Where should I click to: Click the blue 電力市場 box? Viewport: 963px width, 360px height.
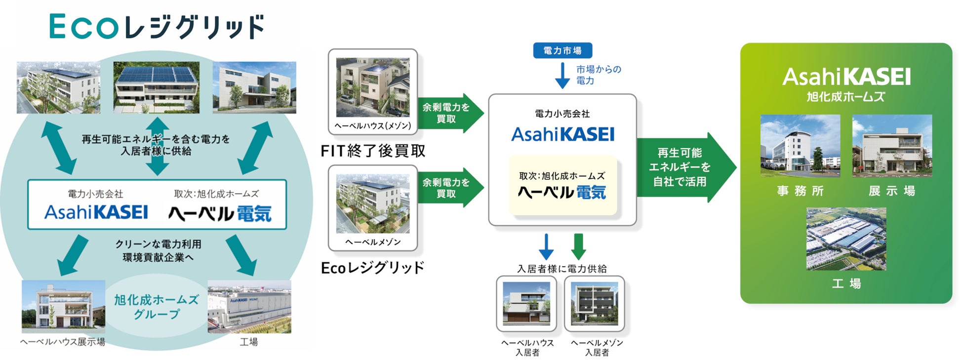click(562, 50)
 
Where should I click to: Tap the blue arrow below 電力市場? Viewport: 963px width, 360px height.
click(562, 76)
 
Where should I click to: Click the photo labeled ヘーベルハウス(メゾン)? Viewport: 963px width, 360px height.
click(372, 87)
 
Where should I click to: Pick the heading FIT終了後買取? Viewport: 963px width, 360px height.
click(373, 151)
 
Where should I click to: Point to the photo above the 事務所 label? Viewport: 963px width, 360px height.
click(800, 146)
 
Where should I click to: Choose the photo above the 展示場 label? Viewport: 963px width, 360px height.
click(892, 146)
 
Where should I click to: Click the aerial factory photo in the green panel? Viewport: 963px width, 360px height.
click(846, 239)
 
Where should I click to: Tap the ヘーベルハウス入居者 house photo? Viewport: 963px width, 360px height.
click(526, 303)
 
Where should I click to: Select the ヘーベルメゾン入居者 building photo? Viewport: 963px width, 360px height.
click(594, 303)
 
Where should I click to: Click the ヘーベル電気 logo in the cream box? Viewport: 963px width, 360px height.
click(562, 192)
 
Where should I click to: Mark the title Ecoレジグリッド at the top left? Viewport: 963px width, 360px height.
click(157, 27)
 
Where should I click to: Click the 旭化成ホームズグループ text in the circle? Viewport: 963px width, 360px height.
click(156, 307)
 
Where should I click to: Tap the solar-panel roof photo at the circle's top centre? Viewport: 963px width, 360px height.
click(157, 87)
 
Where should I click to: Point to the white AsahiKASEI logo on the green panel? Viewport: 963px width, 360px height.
click(846, 77)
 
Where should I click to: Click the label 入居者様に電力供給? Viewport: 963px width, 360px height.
click(562, 269)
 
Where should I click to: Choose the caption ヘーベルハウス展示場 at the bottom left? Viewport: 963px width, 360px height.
click(63, 342)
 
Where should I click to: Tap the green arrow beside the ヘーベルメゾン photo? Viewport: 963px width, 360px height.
click(450, 188)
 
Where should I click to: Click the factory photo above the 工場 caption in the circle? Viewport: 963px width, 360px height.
click(249, 307)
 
